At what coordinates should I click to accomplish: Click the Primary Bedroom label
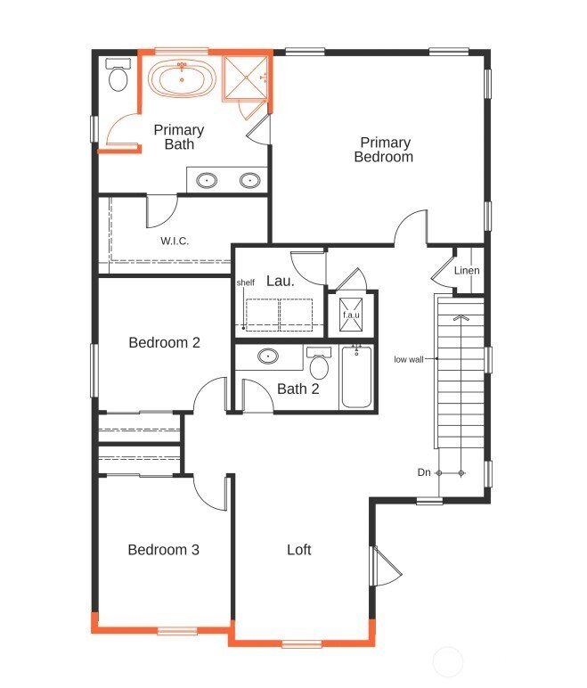[385, 150]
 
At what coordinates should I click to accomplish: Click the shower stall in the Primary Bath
[244, 80]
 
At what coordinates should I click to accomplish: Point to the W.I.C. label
[175, 241]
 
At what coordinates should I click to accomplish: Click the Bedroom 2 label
[164, 342]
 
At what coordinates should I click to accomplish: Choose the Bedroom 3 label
[163, 550]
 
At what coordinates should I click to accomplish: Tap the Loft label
[299, 550]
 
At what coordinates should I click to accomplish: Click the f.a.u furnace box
[351, 315]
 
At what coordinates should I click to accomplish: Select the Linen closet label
[467, 271]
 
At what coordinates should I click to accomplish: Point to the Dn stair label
[425, 472]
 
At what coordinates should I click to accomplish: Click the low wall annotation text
[409, 360]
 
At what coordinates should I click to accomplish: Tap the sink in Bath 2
[267, 357]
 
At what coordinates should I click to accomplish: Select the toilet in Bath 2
[319, 365]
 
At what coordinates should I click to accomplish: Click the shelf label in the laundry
[246, 283]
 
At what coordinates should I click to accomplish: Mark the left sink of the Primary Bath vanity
[208, 181]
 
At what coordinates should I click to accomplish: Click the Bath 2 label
[298, 389]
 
